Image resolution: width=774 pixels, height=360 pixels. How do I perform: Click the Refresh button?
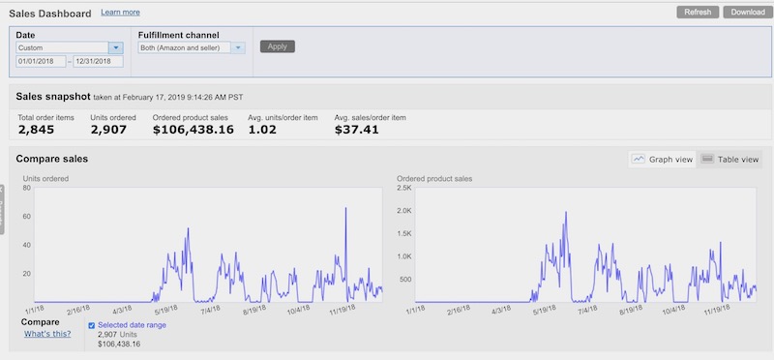pyautogui.click(x=698, y=13)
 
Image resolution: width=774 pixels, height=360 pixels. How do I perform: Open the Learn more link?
pyautogui.click(x=120, y=13)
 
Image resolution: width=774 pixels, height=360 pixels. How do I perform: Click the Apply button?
pyautogui.click(x=278, y=46)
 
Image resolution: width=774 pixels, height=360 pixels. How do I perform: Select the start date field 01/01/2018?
pyautogui.click(x=41, y=61)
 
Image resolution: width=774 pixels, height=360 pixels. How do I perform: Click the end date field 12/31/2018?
pyautogui.click(x=99, y=61)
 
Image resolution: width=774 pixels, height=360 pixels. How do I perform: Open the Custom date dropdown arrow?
pyautogui.click(x=116, y=47)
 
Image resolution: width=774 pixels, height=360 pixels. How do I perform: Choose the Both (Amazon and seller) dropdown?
pyautogui.click(x=192, y=47)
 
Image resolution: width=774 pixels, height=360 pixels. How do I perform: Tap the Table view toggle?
pyautogui.click(x=729, y=159)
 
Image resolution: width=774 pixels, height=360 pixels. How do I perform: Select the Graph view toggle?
pyautogui.click(x=663, y=159)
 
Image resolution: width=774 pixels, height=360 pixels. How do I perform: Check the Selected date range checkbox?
pyautogui.click(x=91, y=325)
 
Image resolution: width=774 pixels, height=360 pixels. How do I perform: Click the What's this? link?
pyautogui.click(x=47, y=334)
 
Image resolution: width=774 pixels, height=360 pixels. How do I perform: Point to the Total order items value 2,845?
pyautogui.click(x=36, y=130)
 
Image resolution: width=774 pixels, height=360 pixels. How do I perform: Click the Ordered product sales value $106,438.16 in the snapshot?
pyautogui.click(x=193, y=130)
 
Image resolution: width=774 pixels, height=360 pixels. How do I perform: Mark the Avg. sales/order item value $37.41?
pyautogui.click(x=356, y=130)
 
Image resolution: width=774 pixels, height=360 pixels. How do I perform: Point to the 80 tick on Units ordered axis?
pyautogui.click(x=27, y=188)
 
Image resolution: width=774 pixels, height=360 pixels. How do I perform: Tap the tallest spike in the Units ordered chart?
pyautogui.click(x=345, y=208)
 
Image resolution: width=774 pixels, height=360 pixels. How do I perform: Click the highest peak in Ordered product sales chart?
pyautogui.click(x=566, y=213)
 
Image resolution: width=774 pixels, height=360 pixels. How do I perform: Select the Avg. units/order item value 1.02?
pyautogui.click(x=261, y=130)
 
